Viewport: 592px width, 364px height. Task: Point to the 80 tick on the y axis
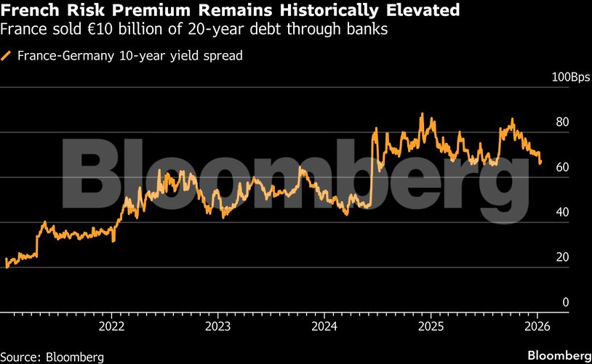pyautogui.click(x=561, y=122)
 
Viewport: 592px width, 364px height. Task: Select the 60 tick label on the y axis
pyautogui.click(x=561, y=167)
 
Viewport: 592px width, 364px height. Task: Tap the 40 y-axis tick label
pyautogui.click(x=561, y=212)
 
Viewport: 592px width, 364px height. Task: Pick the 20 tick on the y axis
pyautogui.click(x=561, y=257)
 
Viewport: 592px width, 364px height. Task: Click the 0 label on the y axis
pyautogui.click(x=565, y=302)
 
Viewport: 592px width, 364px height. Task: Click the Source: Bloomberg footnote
pyautogui.click(x=52, y=357)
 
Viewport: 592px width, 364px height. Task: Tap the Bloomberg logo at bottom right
pyautogui.click(x=558, y=356)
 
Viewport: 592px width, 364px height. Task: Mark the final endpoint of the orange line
pyautogui.click(x=540, y=163)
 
